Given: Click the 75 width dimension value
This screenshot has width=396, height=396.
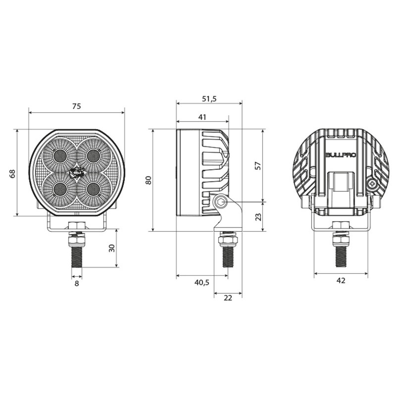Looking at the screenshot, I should pos(76,106).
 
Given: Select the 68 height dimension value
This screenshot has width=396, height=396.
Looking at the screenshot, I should pos(12,173).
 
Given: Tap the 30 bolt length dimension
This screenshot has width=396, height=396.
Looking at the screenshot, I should pos(112,248).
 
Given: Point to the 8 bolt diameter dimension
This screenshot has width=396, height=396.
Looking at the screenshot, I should pos(76,283).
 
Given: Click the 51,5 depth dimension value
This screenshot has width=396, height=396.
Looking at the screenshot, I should pos(209,99).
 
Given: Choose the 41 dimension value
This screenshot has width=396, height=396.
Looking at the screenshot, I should pos(202,117).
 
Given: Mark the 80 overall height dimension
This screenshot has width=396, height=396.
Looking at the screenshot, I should pos(148,180).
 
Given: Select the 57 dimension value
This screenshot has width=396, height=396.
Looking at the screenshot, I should pos(258,165).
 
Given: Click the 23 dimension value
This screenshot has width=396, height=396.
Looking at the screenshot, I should pos(258,216).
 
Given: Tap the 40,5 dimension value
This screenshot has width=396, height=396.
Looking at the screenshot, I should pos(202,282).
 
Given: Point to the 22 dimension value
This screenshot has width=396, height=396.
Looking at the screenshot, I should pos(228,297).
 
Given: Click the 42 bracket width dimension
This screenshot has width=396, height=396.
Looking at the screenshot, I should pos(341,280).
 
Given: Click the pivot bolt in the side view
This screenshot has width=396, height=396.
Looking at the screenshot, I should pos(221,202).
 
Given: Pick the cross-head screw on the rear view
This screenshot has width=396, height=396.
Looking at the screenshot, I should pos(372,184).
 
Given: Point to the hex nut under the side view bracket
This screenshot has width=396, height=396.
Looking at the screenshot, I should pos(228,240).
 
